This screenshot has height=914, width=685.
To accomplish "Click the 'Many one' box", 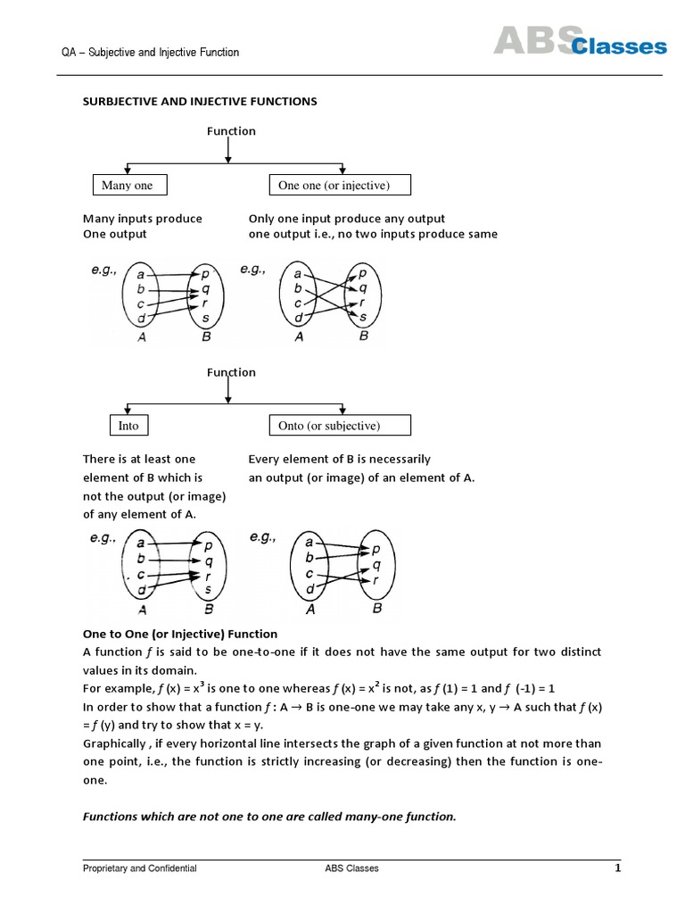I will coord(128,186).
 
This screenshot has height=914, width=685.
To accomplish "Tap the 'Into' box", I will coord(129,426).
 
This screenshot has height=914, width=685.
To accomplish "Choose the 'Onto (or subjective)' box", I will coord(340,426).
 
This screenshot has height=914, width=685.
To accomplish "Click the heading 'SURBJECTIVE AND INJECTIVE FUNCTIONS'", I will coord(200,102).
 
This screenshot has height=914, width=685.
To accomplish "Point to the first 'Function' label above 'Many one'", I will coord(231,131).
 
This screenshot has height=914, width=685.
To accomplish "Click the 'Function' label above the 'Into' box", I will coord(231,372).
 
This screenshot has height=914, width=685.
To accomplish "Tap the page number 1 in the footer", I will coord(616,868).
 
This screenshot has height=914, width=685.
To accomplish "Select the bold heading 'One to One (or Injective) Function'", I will coord(180,634).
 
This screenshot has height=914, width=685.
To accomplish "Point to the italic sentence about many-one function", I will coord(269,816).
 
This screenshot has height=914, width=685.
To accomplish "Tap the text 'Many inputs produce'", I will coord(143,219).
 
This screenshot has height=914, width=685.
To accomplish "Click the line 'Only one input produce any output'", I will coord(347,219).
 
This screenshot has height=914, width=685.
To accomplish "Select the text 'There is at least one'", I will coord(139,459).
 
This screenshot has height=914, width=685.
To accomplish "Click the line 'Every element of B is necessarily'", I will coord(340,459).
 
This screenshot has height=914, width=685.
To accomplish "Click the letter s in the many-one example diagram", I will coord(207,317).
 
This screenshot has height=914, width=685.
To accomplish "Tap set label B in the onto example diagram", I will coord(376,609).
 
